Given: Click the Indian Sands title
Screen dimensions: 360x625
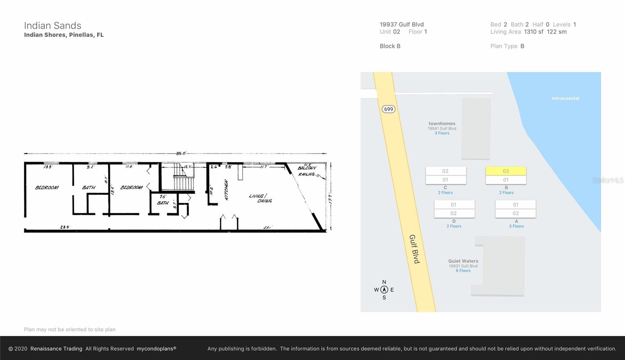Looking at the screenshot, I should (x=53, y=26).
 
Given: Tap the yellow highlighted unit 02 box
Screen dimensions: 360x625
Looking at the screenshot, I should (x=506, y=171).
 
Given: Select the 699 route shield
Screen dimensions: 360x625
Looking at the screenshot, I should (x=388, y=109).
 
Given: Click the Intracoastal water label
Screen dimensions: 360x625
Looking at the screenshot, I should (x=565, y=98).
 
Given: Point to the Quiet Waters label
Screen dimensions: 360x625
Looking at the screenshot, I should (x=463, y=261).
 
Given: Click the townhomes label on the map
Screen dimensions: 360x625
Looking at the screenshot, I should (x=442, y=123).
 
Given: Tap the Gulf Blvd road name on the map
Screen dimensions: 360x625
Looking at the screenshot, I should (x=414, y=249).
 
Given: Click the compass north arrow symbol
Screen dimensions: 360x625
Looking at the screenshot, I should (x=384, y=290).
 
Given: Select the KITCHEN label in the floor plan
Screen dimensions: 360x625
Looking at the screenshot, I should (x=226, y=190).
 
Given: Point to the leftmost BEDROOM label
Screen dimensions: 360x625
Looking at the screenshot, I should (x=47, y=188).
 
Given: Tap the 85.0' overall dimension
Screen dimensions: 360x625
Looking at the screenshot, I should (x=181, y=153).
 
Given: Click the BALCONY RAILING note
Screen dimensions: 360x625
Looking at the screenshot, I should (x=307, y=171).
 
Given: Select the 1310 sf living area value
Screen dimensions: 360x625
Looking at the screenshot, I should (x=534, y=32).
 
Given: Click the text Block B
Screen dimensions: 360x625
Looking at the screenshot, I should (x=390, y=46).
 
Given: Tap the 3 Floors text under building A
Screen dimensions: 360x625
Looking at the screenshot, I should (x=516, y=226).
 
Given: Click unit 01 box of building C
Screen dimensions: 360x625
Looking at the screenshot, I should (x=445, y=180).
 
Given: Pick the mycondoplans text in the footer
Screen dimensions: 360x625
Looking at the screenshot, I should (x=156, y=349).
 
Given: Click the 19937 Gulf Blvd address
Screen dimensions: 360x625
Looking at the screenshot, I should (x=402, y=24).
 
